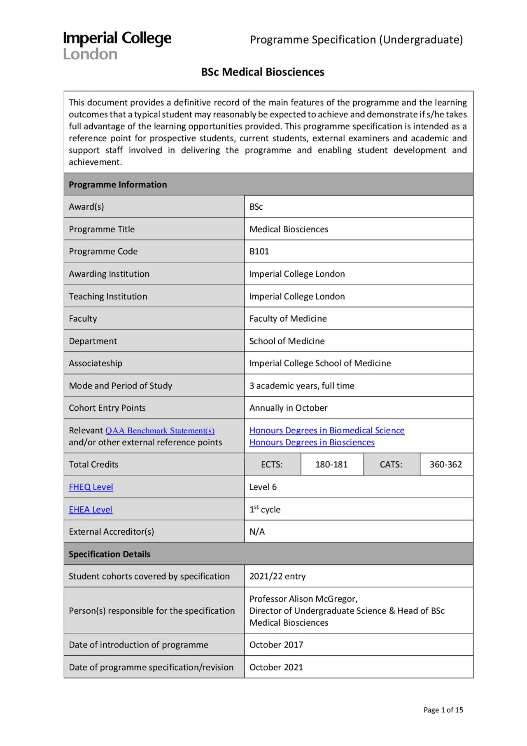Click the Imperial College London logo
pyautogui.click(x=117, y=45)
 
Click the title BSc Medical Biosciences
pyautogui.click(x=263, y=72)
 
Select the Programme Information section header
pyautogui.click(x=118, y=185)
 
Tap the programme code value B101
pyautogui.click(x=259, y=251)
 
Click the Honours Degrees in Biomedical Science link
pyautogui.click(x=327, y=430)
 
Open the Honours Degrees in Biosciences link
pyautogui.click(x=312, y=442)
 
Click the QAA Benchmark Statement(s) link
pyautogui.click(x=160, y=430)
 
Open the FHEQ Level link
pyautogui.click(x=91, y=487)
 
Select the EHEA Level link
pyautogui.click(x=90, y=510)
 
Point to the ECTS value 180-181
pyautogui.click(x=331, y=465)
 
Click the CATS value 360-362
pyautogui.click(x=445, y=465)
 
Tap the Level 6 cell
pyautogui.click(x=263, y=487)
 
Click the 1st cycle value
pyautogui.click(x=265, y=510)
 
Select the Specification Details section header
pyautogui.click(x=110, y=554)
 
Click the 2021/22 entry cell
pyautogui.click(x=277, y=576)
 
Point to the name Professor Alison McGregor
pyautogui.click(x=303, y=599)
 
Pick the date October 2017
pyautogui.click(x=276, y=645)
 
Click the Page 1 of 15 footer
pyautogui.click(x=443, y=710)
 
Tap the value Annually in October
pyautogui.click(x=288, y=408)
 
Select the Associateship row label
pyautogui.click(x=96, y=363)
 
